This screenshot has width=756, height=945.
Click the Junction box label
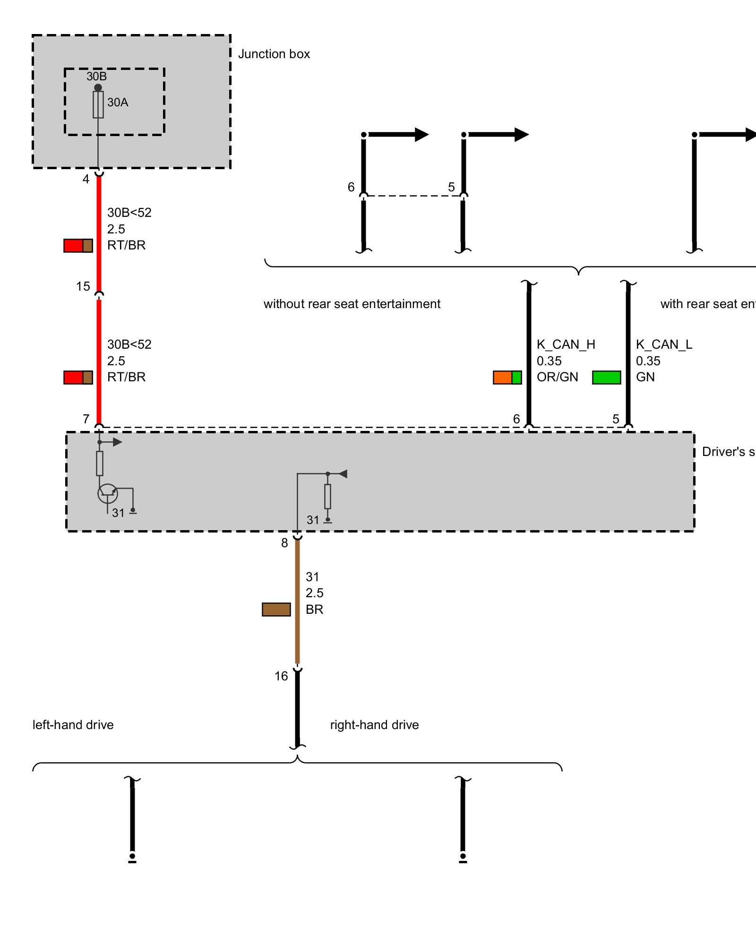[274, 54]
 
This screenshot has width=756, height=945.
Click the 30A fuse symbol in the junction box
[98, 104]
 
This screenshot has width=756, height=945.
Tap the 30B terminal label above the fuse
[96, 76]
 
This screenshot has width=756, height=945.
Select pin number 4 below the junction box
[86, 179]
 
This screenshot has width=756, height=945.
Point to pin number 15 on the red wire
[83, 286]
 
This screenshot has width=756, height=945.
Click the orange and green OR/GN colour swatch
[507, 378]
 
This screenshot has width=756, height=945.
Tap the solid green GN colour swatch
[606, 378]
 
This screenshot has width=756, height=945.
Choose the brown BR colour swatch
[276, 610]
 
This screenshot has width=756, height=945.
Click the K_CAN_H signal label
[566, 344]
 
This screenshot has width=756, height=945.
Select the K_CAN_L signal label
[664, 344]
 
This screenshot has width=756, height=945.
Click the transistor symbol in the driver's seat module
[108, 494]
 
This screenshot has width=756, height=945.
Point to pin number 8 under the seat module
[284, 543]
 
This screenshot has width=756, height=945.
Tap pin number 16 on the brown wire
[281, 676]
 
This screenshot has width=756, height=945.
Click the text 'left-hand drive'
[73, 725]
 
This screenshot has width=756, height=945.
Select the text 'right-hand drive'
[374, 725]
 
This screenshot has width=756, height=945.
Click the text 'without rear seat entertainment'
[352, 304]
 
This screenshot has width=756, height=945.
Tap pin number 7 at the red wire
[86, 419]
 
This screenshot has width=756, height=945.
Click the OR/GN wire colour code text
[557, 377]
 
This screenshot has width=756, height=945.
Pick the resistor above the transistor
[99, 463]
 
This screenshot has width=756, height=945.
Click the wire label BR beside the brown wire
[314, 610]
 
